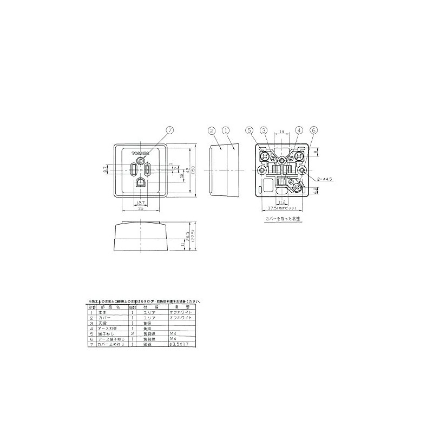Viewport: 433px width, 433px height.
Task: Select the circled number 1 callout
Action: [x=226, y=130]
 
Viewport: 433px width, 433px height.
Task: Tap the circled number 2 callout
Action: [x=212, y=130]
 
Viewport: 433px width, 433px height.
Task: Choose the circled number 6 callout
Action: [x=314, y=130]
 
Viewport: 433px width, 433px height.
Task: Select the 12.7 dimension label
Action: [x=140, y=202]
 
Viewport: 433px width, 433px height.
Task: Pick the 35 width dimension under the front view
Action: [x=140, y=208]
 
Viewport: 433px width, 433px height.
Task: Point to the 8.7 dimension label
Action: [x=106, y=169]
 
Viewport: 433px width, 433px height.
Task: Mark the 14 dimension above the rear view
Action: [x=283, y=132]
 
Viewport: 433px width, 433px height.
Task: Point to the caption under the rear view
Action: [x=283, y=219]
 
